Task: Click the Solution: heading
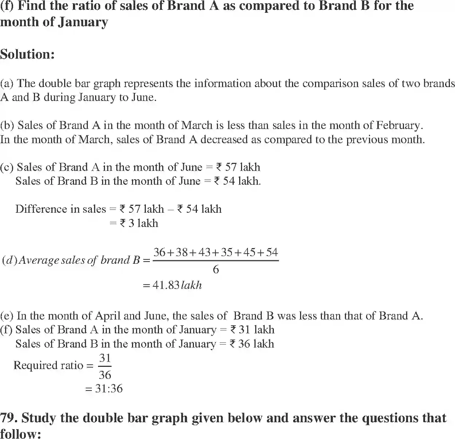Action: [27, 54]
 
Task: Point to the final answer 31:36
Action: [109, 389]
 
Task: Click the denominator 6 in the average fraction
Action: [215, 270]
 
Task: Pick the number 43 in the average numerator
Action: [205, 252]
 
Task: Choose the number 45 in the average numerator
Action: [249, 252]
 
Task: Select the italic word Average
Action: [38, 260]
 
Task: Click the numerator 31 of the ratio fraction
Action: [105, 358]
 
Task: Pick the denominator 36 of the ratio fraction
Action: [105, 375]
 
